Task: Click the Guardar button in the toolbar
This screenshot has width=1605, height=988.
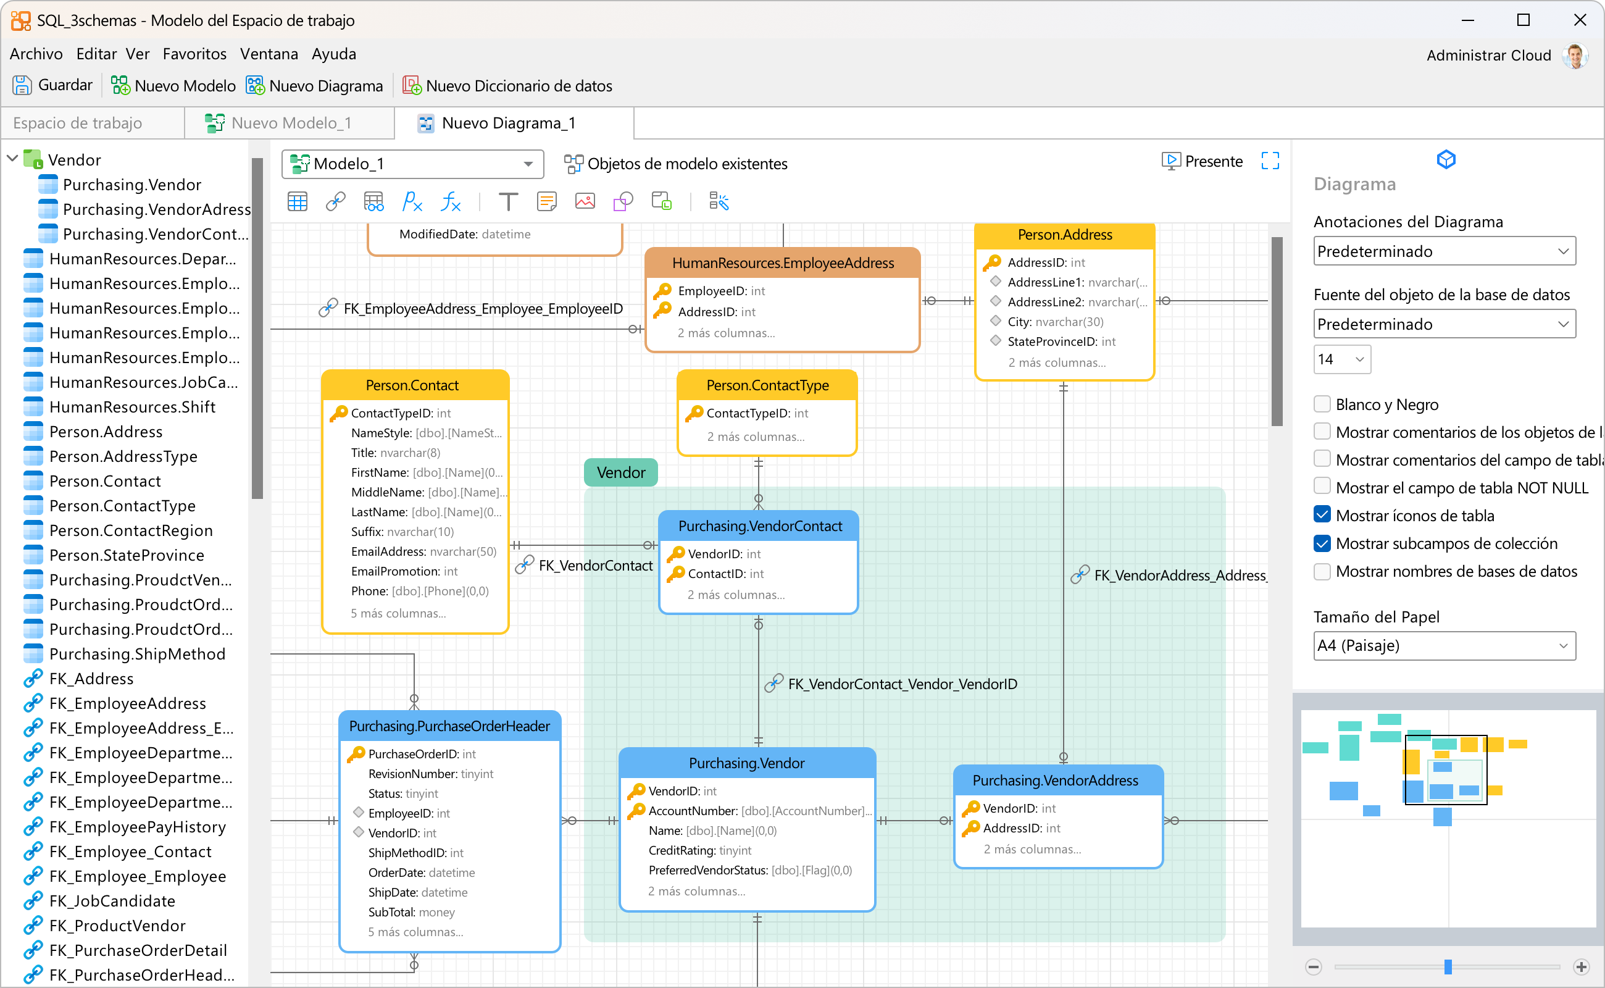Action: [52, 86]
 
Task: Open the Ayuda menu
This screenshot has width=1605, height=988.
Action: [334, 54]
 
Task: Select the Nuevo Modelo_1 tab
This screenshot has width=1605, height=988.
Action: [290, 123]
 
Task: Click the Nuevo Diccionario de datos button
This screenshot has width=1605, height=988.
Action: [507, 86]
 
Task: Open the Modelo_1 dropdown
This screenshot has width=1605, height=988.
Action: [413, 164]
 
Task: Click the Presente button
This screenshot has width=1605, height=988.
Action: [1202, 161]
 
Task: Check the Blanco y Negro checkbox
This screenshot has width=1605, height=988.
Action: [1322, 404]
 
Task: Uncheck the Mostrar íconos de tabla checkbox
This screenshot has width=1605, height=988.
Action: [1322, 515]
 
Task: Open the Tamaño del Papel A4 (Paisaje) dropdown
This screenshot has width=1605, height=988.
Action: [1444, 646]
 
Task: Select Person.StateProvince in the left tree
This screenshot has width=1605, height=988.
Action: [127, 555]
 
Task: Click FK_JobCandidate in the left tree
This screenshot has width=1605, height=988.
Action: [112, 901]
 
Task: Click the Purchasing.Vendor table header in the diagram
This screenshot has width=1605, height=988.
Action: [747, 763]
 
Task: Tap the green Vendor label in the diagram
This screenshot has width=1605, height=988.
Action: [620, 472]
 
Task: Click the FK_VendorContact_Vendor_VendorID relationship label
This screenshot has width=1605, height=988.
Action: [902, 684]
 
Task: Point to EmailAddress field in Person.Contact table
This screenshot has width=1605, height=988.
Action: [423, 551]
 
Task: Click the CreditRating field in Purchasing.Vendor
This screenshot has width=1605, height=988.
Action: [699, 850]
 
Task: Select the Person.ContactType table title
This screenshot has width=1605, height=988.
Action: [767, 385]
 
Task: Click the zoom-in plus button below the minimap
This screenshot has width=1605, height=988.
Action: [1582, 966]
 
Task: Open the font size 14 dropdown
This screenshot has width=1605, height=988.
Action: [1342, 359]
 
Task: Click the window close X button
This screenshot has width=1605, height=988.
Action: [1580, 20]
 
